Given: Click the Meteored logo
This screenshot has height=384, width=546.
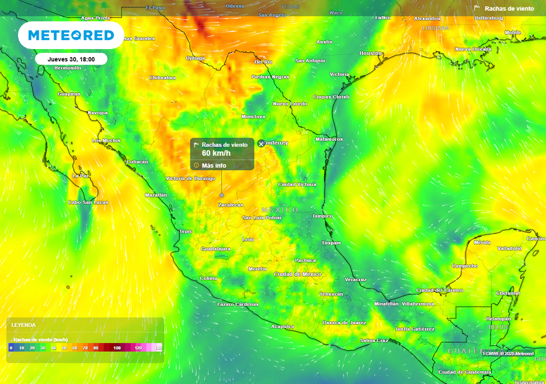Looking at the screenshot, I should pyautogui.click(x=71, y=35).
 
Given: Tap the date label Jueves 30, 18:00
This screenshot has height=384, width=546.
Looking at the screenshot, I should pyautogui.click(x=71, y=59).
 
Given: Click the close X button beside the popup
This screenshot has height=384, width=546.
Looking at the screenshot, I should pyautogui.click(x=261, y=143).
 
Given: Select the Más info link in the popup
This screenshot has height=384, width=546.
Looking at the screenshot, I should pyautogui.click(x=213, y=165).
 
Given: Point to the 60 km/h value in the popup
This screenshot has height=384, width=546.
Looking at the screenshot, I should pyautogui.click(x=216, y=154).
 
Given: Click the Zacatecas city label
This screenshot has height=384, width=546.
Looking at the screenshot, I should pyautogui.click(x=230, y=205).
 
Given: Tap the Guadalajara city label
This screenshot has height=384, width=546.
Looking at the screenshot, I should pyautogui.click(x=215, y=249).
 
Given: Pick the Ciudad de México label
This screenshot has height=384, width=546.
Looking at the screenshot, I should pyautogui.click(x=298, y=274).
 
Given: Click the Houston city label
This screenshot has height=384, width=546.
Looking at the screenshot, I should pyautogui.click(x=371, y=53).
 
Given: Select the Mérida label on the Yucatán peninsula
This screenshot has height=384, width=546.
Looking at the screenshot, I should pyautogui.click(x=482, y=243).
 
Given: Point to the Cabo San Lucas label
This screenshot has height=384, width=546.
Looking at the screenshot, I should pyautogui.click(x=88, y=202).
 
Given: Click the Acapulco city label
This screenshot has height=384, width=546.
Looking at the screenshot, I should pyautogui.click(x=283, y=326).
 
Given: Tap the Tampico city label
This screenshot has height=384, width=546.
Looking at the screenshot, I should pyautogui.click(x=323, y=216).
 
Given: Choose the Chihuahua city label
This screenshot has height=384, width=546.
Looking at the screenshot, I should pyautogui.click(x=162, y=78).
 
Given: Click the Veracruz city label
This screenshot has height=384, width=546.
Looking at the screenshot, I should pyautogui.click(x=356, y=279).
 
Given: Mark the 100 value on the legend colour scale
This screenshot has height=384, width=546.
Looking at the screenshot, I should pyautogui.click(x=117, y=348).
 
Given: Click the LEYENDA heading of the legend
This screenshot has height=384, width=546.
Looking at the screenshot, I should pyautogui.click(x=24, y=325).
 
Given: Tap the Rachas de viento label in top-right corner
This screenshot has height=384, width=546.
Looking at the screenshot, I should pyautogui.click(x=509, y=9).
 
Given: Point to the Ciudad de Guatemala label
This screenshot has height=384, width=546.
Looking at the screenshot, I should pyautogui.click(x=464, y=372).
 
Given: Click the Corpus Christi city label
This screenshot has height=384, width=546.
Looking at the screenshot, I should pyautogui.click(x=331, y=97).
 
